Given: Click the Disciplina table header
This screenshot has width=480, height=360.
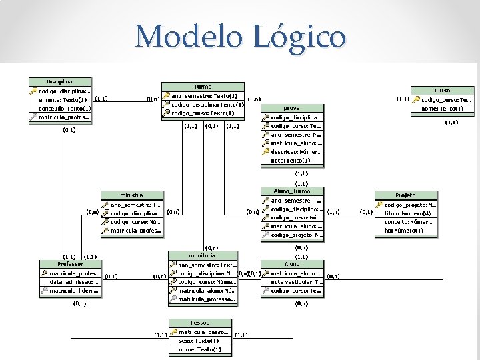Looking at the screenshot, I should [x=60, y=81].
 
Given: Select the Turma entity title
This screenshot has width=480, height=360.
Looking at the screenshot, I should [x=203, y=87].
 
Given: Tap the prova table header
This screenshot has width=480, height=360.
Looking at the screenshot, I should [x=291, y=107].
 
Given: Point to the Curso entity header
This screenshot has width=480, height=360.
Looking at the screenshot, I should [x=443, y=90].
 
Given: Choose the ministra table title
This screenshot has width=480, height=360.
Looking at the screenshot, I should [x=132, y=195].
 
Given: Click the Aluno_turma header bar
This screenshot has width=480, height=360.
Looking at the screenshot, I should [x=291, y=191].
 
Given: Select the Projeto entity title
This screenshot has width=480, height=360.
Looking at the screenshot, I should [x=405, y=195].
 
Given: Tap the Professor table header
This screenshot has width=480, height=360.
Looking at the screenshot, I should [x=70, y=264].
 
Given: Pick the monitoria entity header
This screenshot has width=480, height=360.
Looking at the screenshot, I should [x=203, y=255].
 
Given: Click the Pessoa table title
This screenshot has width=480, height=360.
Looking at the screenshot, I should [x=200, y=323].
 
